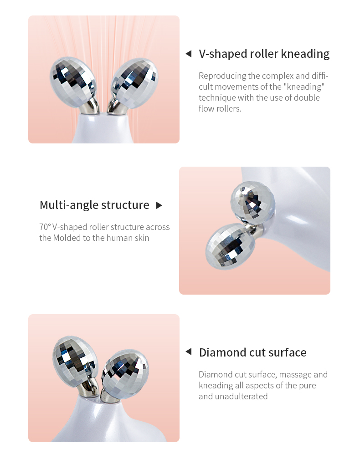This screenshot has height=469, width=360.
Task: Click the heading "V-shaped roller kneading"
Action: point(264,54)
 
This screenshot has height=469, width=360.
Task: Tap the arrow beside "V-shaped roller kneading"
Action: point(189,54)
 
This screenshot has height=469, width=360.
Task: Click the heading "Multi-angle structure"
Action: point(94,205)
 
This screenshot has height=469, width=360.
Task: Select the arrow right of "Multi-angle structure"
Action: point(159,205)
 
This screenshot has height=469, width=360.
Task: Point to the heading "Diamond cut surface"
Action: point(253,352)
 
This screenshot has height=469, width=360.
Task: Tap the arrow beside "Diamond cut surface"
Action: point(189,352)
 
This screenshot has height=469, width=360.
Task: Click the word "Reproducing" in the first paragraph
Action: point(222,76)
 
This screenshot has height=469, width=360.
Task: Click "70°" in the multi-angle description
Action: point(45,227)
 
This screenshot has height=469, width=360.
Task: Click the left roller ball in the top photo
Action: point(73,82)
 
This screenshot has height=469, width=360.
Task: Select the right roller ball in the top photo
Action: point(135,82)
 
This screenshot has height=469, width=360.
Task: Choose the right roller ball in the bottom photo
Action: point(125,373)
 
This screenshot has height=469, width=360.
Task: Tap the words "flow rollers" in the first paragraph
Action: point(220,108)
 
